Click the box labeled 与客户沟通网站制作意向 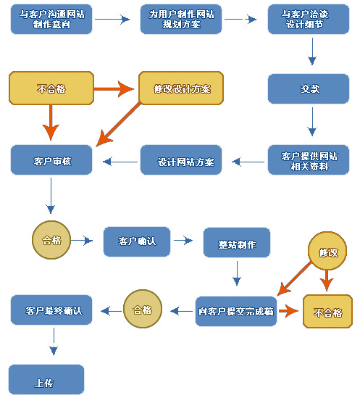(x=51, y=20)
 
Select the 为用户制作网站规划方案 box (x=181, y=20)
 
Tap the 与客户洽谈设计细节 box (x=309, y=20)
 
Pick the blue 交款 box (x=309, y=89)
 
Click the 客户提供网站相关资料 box (x=309, y=160)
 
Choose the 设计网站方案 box (x=181, y=160)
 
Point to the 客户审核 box (x=51, y=160)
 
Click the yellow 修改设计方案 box (x=181, y=88)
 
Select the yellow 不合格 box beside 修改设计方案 (x=51, y=88)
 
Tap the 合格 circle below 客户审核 (x=51, y=240)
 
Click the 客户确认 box (x=137, y=241)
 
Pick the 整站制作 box (x=237, y=243)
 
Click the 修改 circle (x=327, y=251)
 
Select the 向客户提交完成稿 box (x=236, y=311)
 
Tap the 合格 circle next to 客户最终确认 (x=143, y=309)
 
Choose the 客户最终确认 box (x=51, y=310)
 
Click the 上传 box (x=46, y=380)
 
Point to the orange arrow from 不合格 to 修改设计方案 (x=114, y=89)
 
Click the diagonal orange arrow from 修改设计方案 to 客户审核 (x=118, y=124)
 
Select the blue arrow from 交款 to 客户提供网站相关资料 (x=312, y=122)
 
